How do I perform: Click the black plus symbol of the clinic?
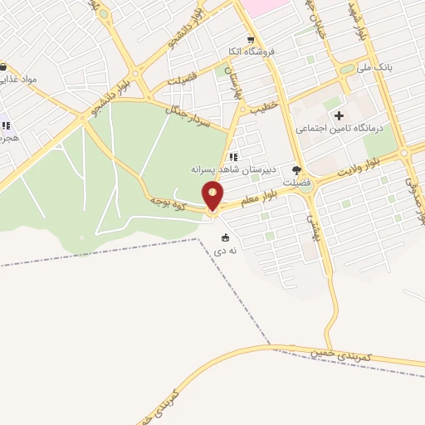tap(339, 115)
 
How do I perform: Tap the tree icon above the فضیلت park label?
tap(296, 170)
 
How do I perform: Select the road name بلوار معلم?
tap(258, 199)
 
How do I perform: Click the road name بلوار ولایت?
tap(360, 169)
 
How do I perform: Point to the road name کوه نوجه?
tap(168, 202)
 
